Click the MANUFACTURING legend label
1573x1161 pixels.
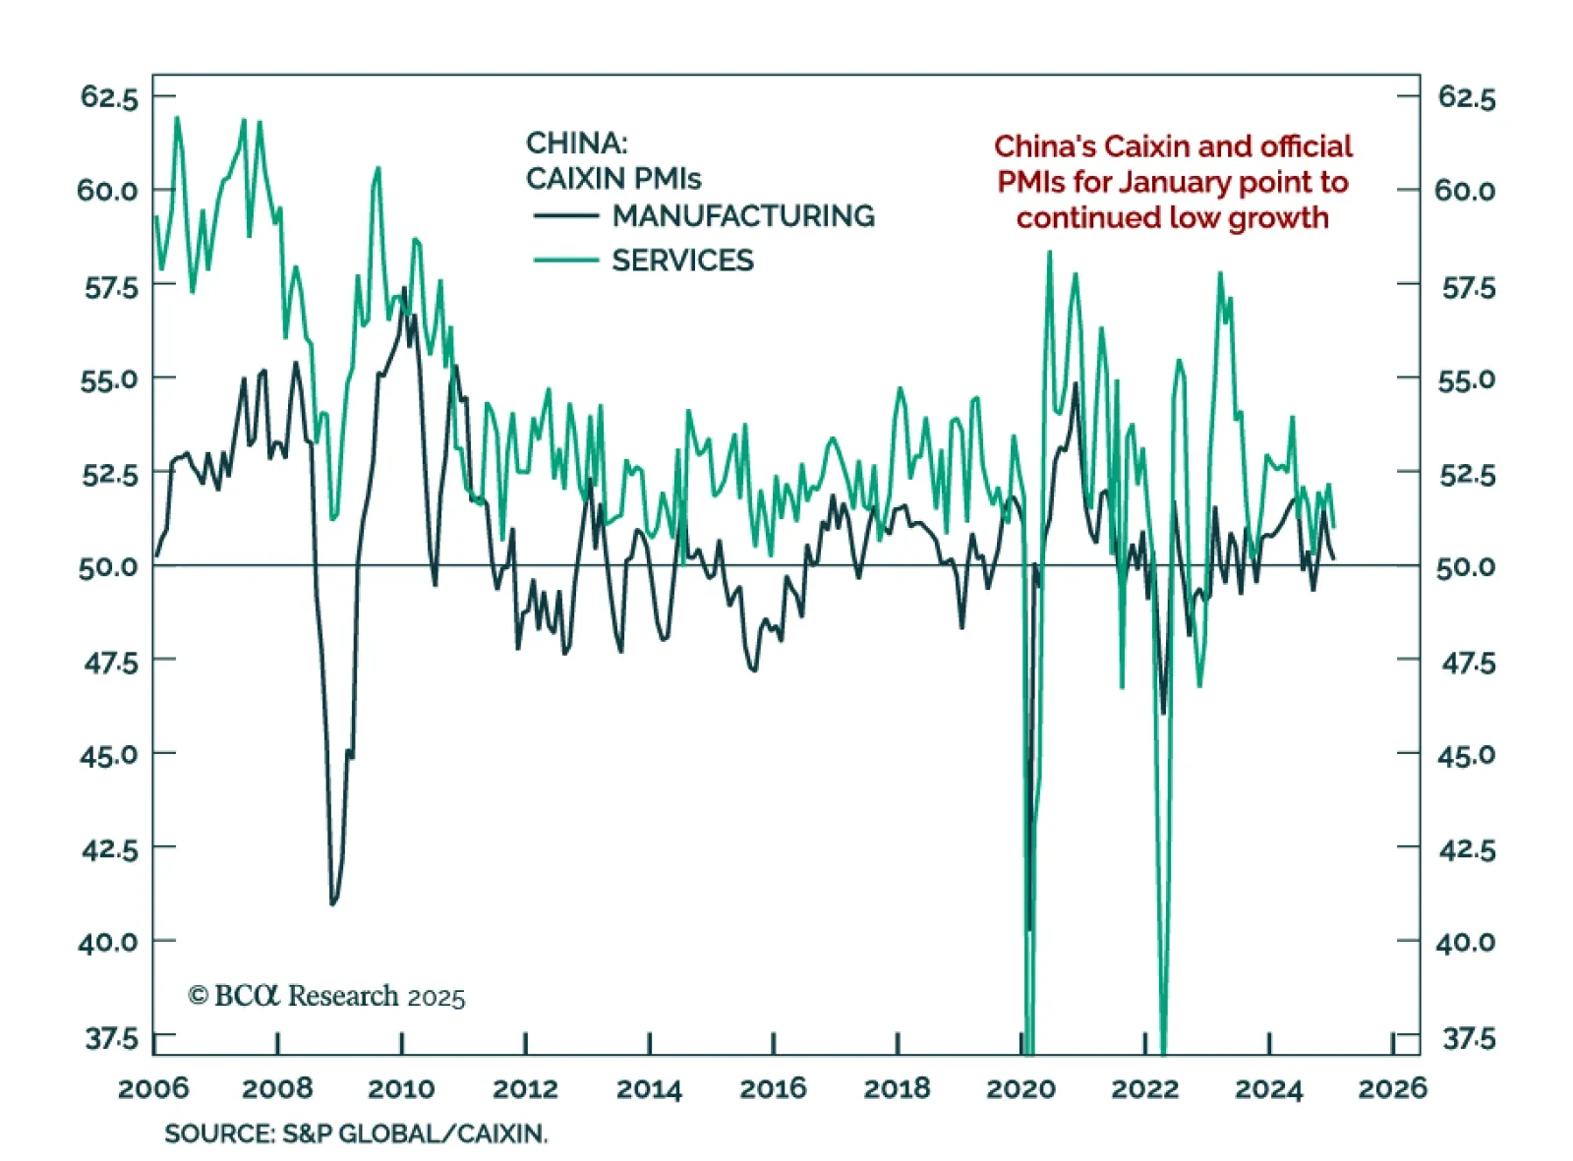pos(743,215)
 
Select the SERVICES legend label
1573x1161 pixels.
pos(682,261)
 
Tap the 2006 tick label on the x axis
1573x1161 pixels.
pos(153,1088)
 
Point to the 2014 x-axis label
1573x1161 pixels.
pos(649,1088)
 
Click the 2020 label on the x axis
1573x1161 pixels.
pos(1020,1088)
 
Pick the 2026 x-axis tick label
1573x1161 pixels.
pos(1392,1088)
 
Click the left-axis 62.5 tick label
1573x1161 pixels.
pos(109,97)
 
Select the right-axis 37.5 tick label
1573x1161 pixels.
pos(1468,1038)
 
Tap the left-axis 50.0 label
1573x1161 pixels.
pos(108,567)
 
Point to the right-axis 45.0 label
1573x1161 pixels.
pos(1466,755)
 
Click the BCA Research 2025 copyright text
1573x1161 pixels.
pos(326,997)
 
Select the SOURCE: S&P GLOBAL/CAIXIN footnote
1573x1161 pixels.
pos(356,1133)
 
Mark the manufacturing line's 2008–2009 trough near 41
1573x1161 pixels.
pos(333,902)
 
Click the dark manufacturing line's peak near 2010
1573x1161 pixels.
pos(404,289)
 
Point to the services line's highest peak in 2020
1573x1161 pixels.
pos(1049,253)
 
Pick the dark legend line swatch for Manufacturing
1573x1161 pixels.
pos(565,216)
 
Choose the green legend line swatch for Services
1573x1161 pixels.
pos(565,261)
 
